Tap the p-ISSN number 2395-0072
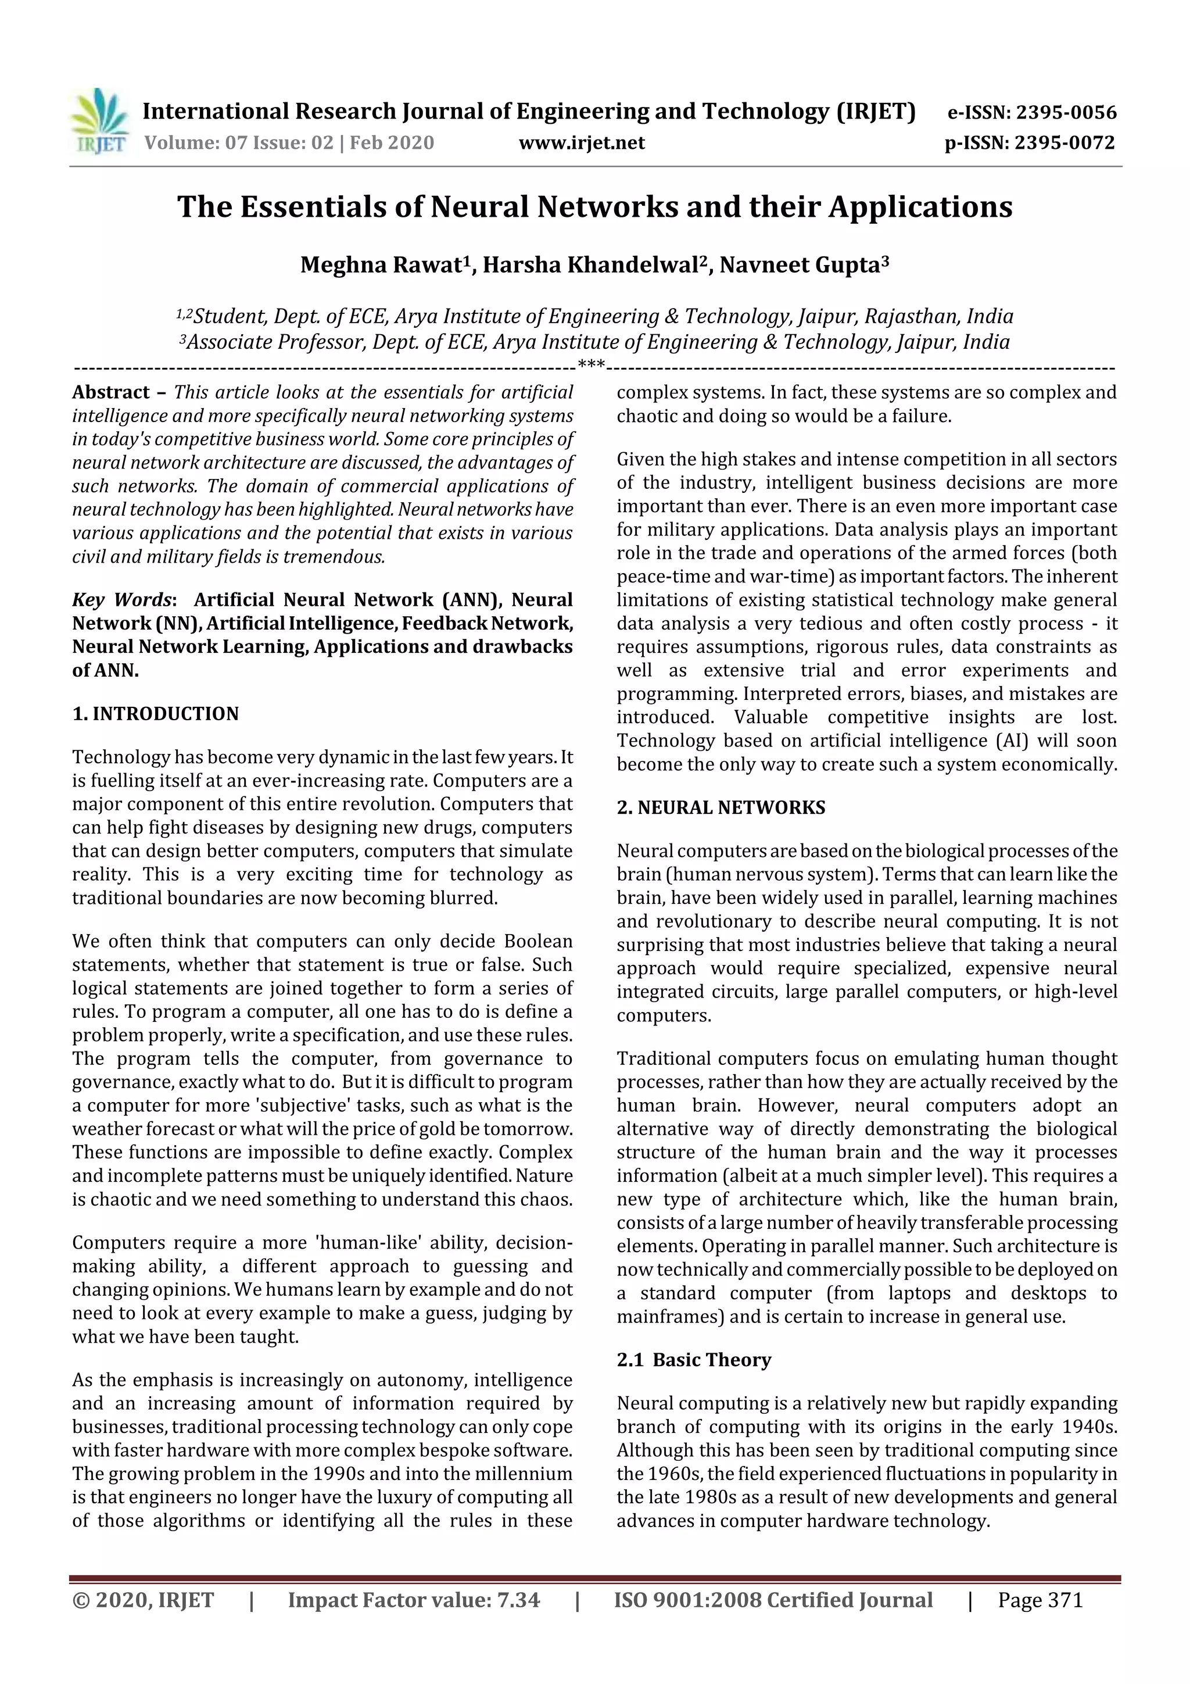1064,142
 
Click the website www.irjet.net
582,142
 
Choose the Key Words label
121,600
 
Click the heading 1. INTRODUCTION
156,714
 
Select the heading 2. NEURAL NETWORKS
721,807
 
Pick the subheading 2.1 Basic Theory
694,1360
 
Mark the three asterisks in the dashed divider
591,364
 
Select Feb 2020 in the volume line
392,142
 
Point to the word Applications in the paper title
920,207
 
